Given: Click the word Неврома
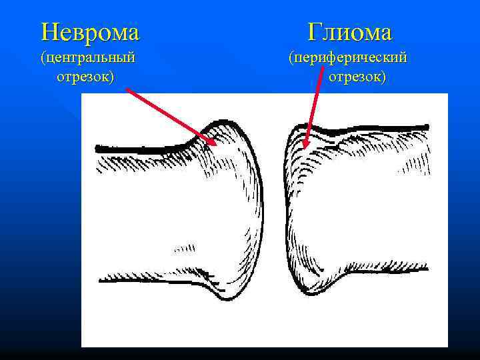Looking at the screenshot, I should tap(90, 31).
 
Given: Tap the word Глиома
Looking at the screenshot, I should tap(351, 31).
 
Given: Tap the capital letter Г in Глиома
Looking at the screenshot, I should tap(315, 31).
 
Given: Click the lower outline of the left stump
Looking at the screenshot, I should tap(147, 274).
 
